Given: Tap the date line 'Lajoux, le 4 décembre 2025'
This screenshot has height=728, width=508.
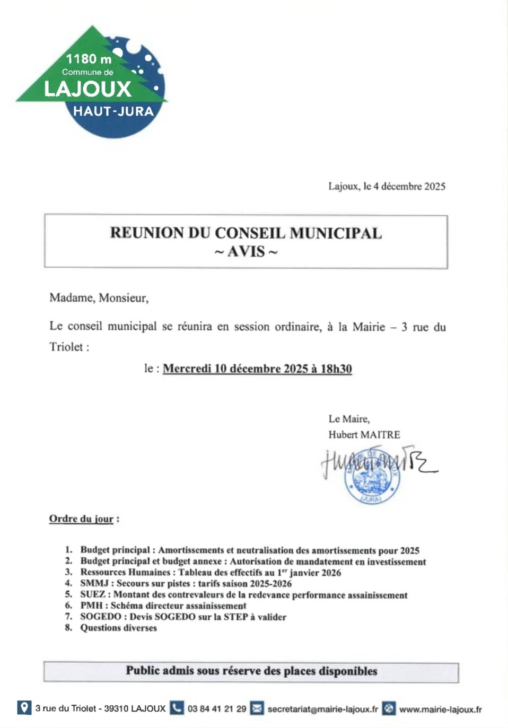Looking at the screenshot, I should (387, 187).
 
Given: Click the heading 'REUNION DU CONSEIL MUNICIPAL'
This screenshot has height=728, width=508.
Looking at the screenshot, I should (246, 233).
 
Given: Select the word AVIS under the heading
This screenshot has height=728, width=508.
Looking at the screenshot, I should (246, 252).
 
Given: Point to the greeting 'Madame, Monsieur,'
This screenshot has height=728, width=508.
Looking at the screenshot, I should (99, 298).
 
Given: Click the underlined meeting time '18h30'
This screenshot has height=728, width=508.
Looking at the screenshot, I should (336, 369).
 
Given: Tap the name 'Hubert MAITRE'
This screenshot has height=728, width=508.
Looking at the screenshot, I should (364, 435).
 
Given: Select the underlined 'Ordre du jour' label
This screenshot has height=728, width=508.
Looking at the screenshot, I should (81, 519).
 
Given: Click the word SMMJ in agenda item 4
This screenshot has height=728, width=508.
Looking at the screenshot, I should (94, 583).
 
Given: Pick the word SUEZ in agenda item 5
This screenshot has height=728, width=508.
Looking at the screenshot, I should (93, 595).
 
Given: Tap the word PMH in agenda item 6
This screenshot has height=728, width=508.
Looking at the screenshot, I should (91, 606).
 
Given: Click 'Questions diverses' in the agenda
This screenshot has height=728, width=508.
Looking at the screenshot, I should (118, 628).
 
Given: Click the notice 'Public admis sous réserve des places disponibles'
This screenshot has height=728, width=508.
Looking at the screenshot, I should (251, 671).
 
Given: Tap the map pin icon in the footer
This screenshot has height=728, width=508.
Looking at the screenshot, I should (24, 708).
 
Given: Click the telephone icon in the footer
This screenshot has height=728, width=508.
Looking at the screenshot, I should (177, 708).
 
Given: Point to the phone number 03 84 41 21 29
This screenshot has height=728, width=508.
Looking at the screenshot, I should (217, 709).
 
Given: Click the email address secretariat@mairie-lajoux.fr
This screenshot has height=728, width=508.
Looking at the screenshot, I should (322, 709).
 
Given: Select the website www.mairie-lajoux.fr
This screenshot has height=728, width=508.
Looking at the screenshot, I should (440, 709).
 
